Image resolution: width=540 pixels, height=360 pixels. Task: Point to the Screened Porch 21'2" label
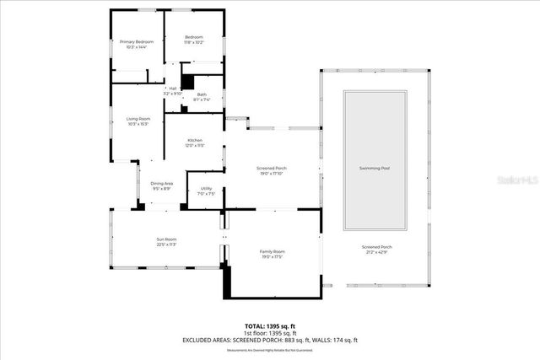click(x=375, y=249)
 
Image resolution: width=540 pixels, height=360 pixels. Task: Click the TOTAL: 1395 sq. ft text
click(x=269, y=325)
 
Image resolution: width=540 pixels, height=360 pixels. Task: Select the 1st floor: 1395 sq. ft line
click(x=269, y=333)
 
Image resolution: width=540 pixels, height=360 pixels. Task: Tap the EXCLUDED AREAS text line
click(x=269, y=340)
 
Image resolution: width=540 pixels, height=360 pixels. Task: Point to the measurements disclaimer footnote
click(x=269, y=349)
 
